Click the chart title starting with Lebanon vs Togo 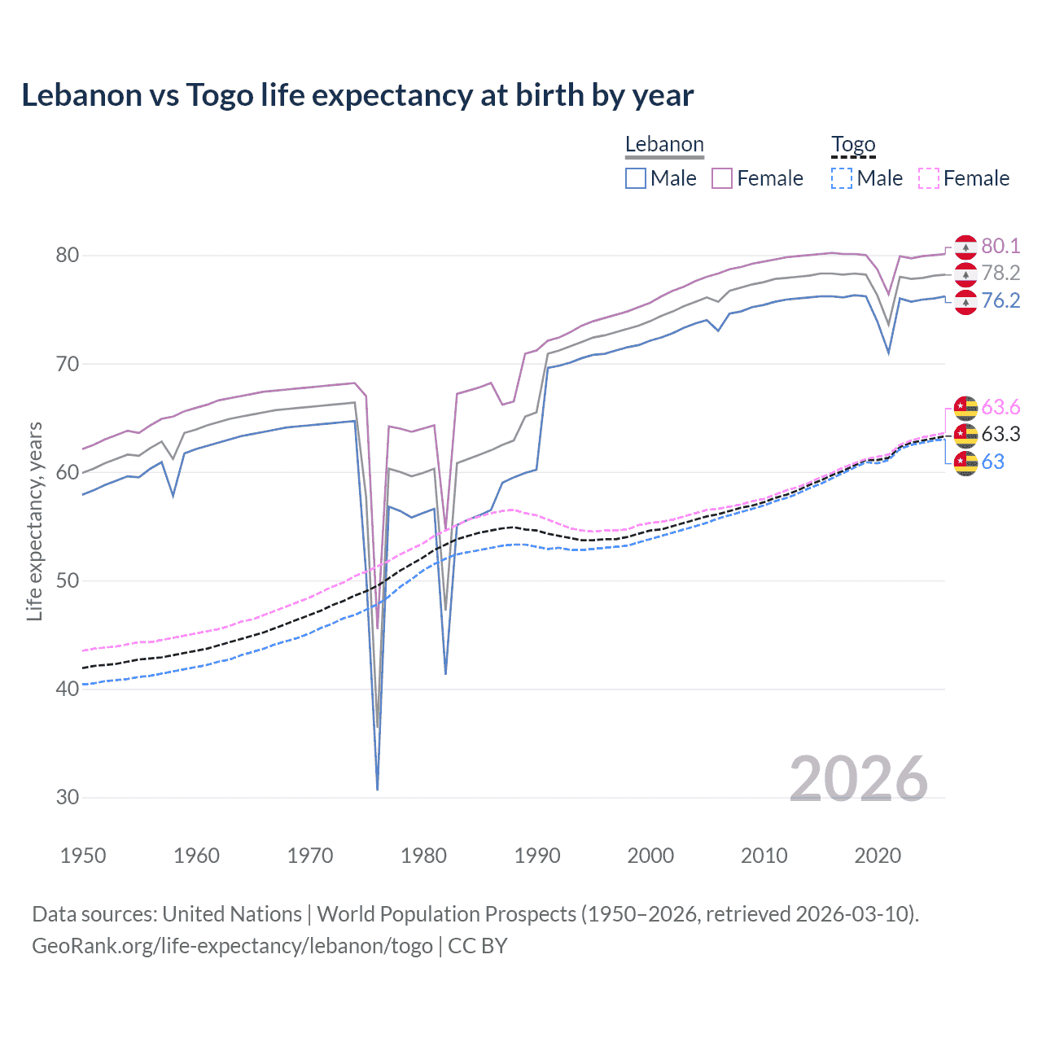coord(357,95)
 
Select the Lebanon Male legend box coord(636,178)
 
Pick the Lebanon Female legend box coord(722,178)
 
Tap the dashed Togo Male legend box coord(842,178)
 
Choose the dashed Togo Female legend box coord(929,178)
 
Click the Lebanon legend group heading coord(664,144)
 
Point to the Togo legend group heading coord(853,144)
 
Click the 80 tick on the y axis coord(68,256)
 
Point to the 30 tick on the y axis coord(68,798)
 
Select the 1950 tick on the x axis coord(83,856)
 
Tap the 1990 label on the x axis coord(537,856)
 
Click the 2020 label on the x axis coord(878,856)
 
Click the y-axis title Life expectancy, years coord(34,521)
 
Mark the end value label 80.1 coord(1000,246)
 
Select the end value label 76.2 coord(1000,301)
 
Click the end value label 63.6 coord(1000,407)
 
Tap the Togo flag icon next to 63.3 coord(965,435)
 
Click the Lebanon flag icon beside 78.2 coord(965,274)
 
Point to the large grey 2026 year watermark coord(859,779)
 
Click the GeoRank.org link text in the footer coord(232,946)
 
